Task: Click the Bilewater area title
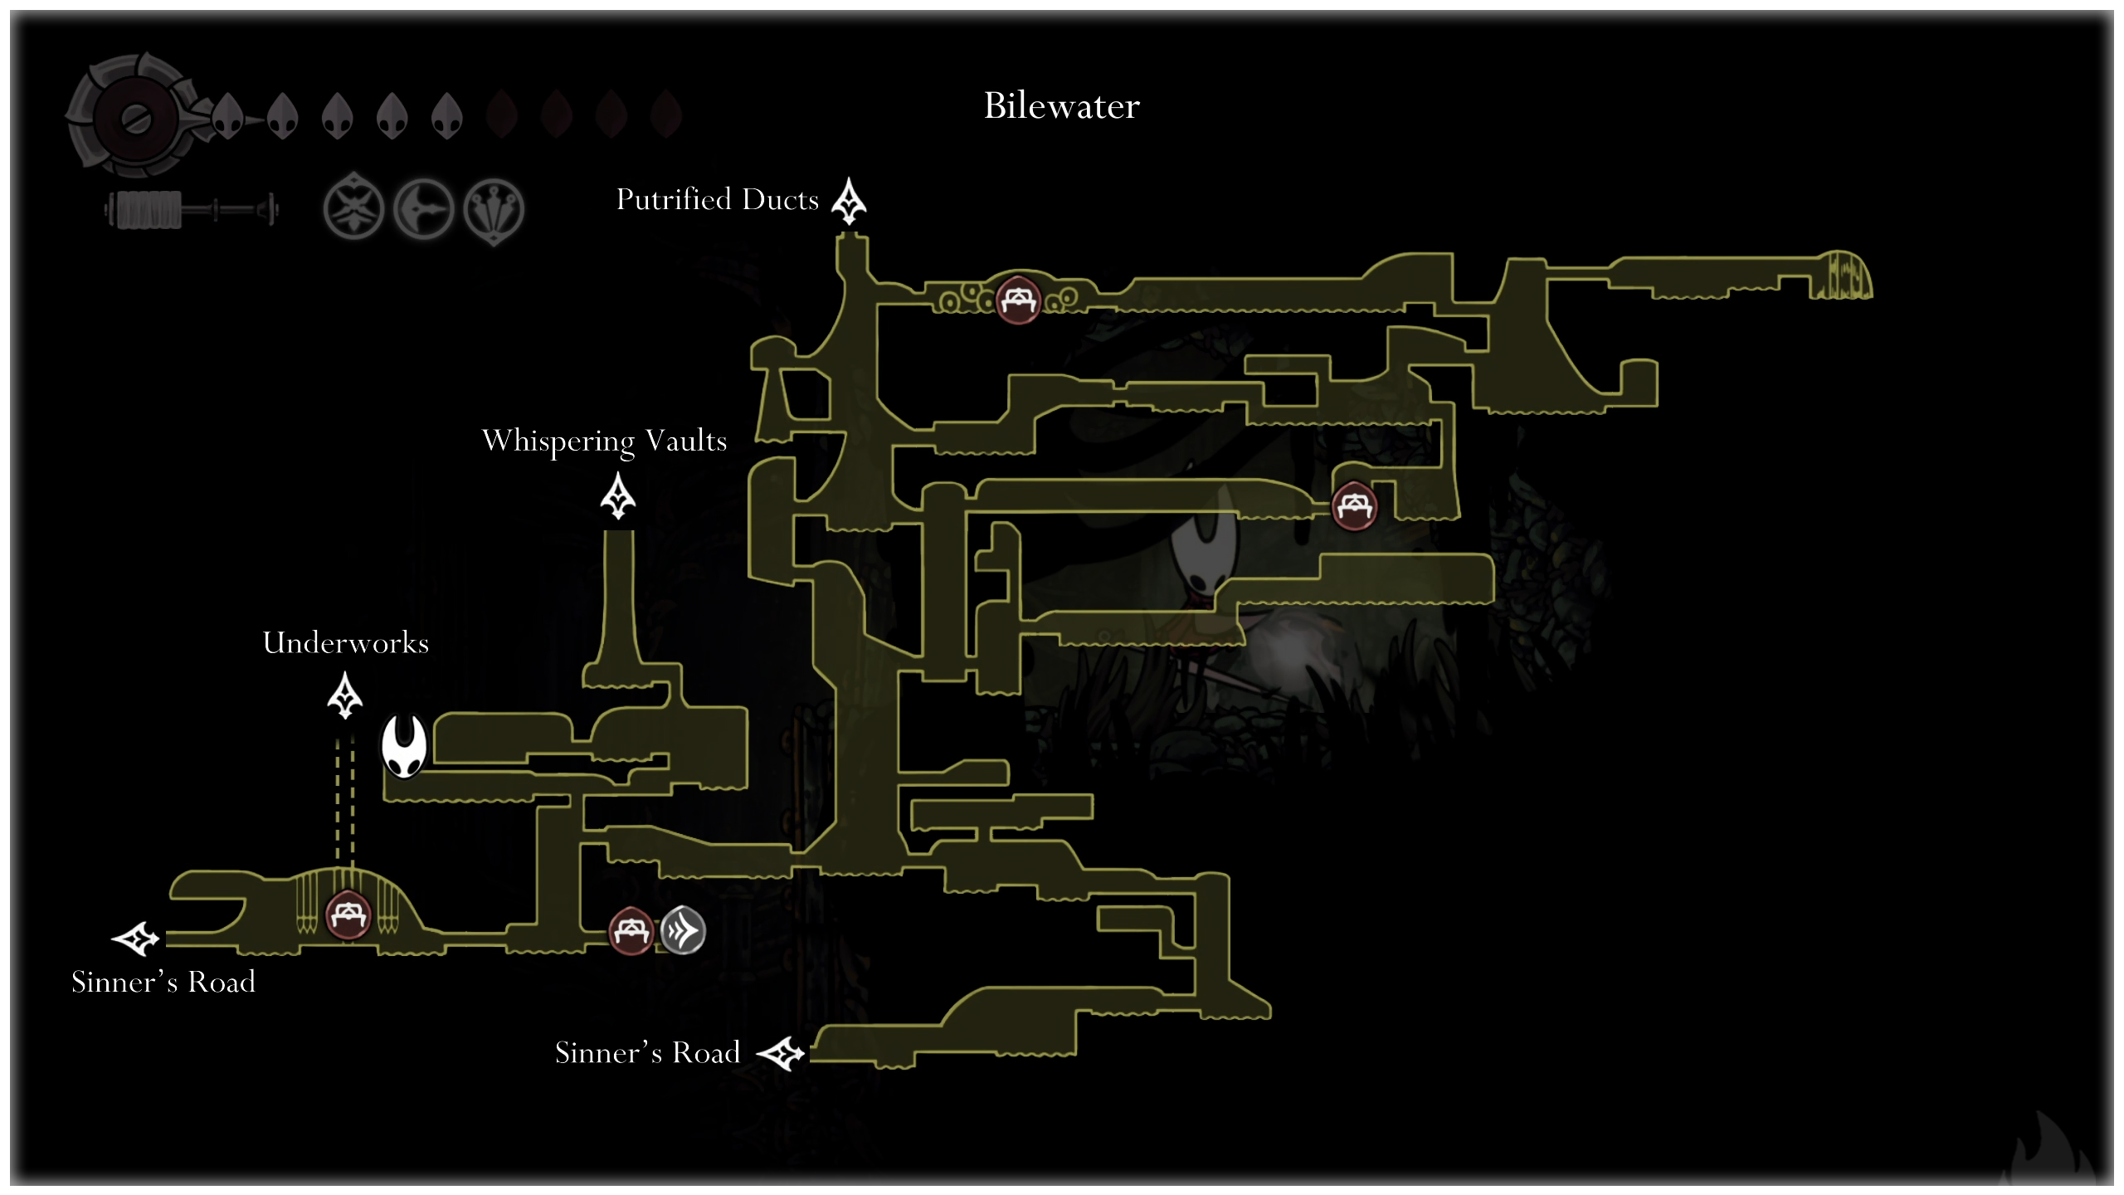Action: click(x=1061, y=106)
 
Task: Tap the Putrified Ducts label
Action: click(x=717, y=200)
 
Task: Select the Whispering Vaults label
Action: click(x=604, y=441)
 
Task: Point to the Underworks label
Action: click(x=345, y=643)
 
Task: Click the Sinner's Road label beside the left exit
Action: click(x=163, y=983)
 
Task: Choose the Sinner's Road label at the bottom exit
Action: click(x=647, y=1053)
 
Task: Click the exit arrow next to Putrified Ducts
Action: click(x=849, y=201)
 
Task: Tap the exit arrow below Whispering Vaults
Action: click(x=618, y=495)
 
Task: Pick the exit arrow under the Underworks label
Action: click(x=345, y=695)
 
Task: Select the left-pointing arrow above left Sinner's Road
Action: click(x=135, y=939)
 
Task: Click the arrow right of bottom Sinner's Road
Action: click(x=781, y=1054)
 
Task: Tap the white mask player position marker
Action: click(x=404, y=746)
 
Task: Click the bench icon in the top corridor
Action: click(x=1018, y=300)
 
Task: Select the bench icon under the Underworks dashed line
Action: click(x=348, y=915)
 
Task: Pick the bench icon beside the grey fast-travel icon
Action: click(x=631, y=930)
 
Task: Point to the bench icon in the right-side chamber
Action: click(x=1354, y=505)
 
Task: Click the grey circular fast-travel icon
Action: click(x=683, y=930)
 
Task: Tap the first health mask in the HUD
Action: click(x=227, y=115)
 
